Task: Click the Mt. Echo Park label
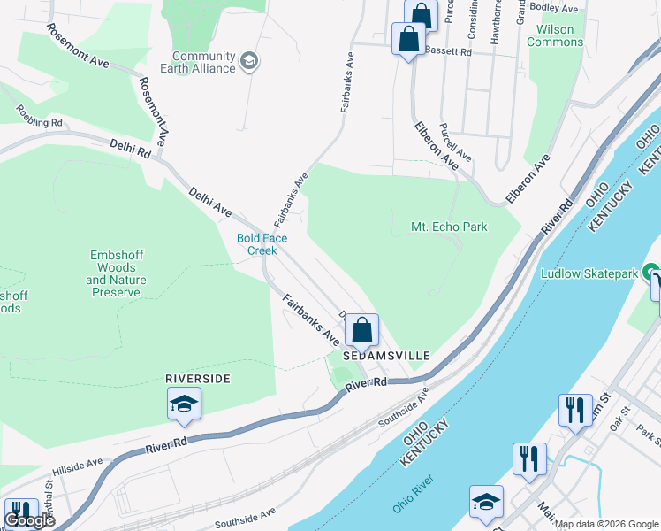(x=449, y=227)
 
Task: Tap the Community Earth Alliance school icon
(x=250, y=62)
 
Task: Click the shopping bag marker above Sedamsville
(x=361, y=331)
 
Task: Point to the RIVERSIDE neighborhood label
(x=198, y=379)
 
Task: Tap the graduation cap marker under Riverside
(x=185, y=404)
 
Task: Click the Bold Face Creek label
(x=256, y=244)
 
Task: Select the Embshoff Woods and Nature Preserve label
(x=116, y=273)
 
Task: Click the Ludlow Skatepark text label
(x=589, y=273)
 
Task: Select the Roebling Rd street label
(x=38, y=117)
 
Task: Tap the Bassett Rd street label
(x=448, y=52)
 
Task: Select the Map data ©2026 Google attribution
(x=607, y=524)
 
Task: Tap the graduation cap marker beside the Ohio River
(x=486, y=502)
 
